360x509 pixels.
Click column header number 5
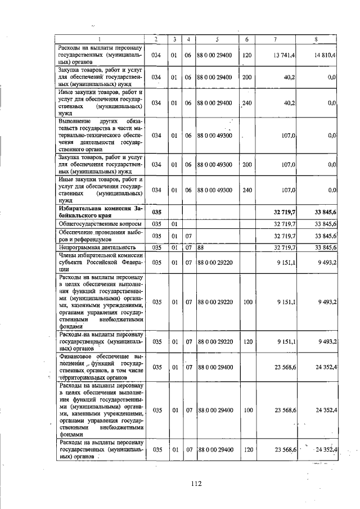217,39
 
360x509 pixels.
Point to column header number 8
316,39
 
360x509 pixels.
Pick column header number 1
100,39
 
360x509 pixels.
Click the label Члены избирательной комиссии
100,261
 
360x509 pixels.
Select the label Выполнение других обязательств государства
100,135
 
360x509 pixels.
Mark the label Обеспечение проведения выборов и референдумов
100,235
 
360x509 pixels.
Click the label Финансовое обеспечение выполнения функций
100,367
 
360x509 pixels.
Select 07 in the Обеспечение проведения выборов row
189,235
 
